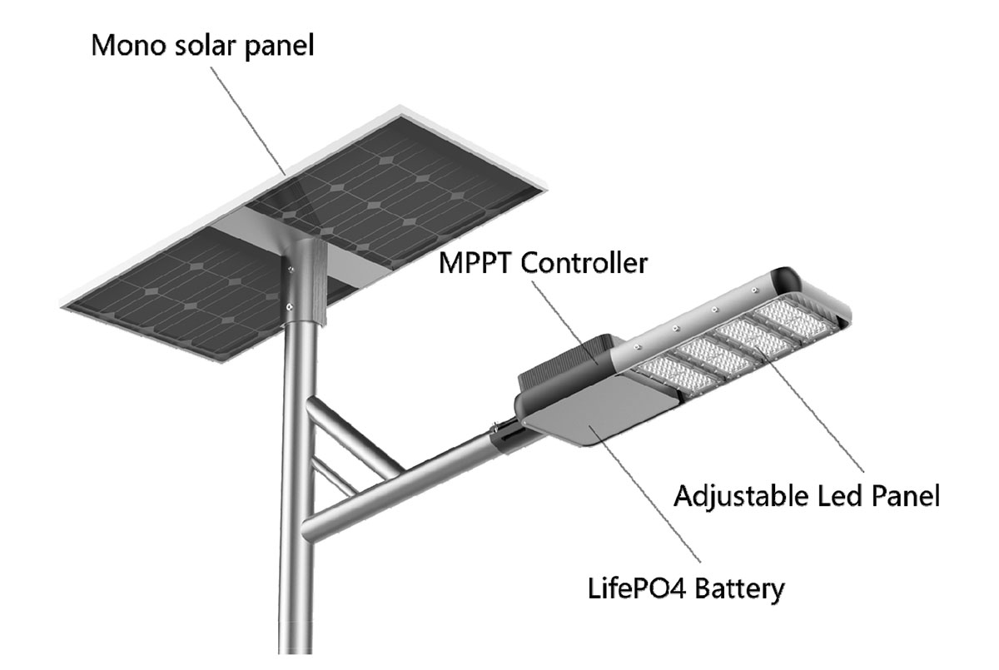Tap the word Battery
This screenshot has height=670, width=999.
734,590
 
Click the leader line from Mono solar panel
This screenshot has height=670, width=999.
250,117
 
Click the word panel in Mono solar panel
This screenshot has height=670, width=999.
278,45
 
